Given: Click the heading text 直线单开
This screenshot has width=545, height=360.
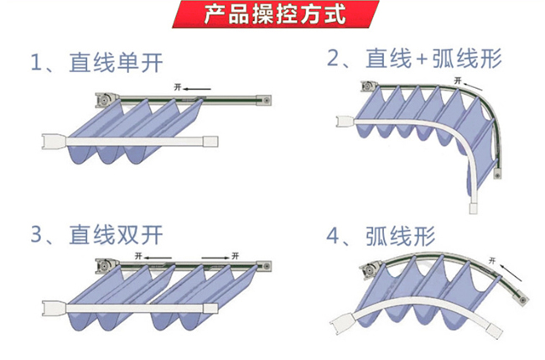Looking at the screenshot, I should click(x=117, y=62).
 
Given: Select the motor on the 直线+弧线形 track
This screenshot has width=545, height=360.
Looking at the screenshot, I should click(x=368, y=86).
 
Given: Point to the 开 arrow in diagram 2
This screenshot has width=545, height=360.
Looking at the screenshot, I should click(x=466, y=82).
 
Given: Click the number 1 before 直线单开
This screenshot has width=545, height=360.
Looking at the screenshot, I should click(x=36, y=63).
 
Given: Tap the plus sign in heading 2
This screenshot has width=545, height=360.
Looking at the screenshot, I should click(x=421, y=60).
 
